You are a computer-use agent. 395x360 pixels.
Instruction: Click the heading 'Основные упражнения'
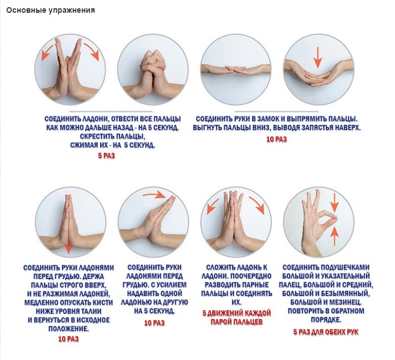pos(50,11)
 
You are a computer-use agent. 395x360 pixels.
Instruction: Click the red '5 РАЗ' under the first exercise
pos(107,156)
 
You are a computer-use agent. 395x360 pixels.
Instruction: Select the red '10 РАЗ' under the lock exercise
pos(277,139)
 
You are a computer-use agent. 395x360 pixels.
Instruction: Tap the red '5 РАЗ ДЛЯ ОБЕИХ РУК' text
pos(326,332)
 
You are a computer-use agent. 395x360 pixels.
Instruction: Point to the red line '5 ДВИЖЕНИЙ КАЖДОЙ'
pos(236,313)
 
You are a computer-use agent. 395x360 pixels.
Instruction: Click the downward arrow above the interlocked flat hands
pos(318,57)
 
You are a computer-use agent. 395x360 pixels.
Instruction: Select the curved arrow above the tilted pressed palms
pos(154,195)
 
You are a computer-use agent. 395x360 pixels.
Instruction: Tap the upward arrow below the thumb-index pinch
pos(335,236)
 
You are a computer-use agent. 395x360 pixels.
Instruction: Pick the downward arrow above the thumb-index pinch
pos(335,203)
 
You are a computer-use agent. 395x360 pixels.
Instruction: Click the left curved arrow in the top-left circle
pos(47,52)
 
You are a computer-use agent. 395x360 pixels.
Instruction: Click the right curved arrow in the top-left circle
pos(92,51)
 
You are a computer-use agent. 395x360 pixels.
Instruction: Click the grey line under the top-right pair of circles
pos(276,111)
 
